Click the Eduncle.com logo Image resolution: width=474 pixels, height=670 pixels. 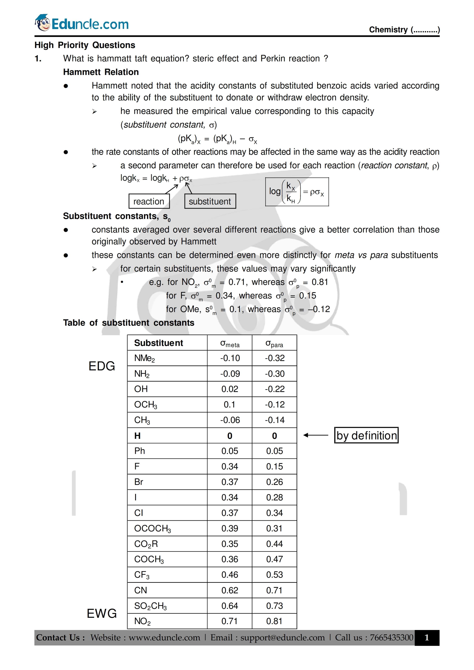coord(82,23)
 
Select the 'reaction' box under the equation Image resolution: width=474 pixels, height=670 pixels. coord(149,201)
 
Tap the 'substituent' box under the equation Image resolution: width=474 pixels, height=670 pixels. coord(210,201)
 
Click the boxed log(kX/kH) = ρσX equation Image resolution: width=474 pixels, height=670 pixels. coord(297,192)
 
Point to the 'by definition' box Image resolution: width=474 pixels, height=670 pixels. coord(366,435)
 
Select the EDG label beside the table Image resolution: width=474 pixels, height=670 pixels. coord(102,366)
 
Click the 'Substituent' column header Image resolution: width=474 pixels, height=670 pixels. coord(159,343)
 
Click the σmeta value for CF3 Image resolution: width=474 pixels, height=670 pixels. coord(230,575)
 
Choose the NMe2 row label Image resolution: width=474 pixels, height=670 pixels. coord(145,358)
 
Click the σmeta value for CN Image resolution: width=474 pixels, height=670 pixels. coord(230,590)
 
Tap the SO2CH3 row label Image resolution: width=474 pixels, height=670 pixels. coord(150,606)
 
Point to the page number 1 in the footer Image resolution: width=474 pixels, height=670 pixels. coord(427,638)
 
